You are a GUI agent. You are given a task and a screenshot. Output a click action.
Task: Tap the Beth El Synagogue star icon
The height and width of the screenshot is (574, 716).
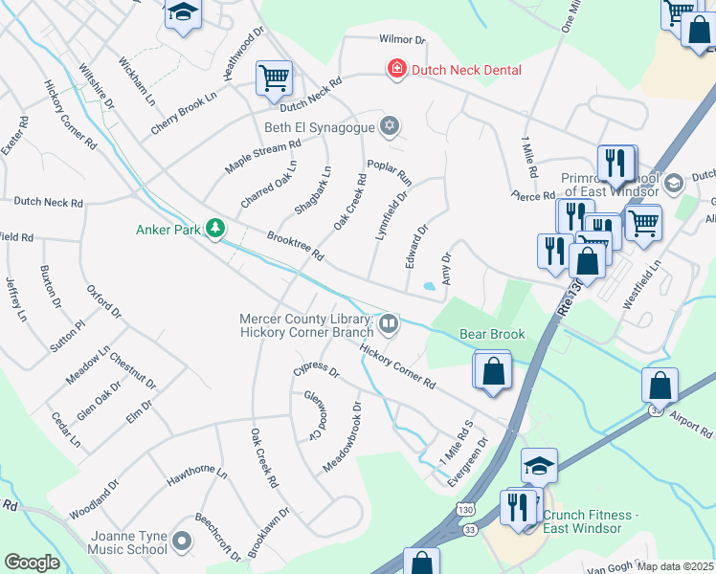coord(389,126)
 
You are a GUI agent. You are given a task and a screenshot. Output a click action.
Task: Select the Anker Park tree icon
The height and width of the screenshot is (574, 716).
coord(218,228)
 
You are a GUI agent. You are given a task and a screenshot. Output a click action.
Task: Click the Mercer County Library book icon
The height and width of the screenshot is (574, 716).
coord(389,325)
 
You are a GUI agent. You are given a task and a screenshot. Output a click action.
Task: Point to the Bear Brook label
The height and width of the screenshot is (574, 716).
coord(492,334)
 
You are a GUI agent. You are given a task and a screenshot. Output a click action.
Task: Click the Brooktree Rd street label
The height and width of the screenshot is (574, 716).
coord(297,245)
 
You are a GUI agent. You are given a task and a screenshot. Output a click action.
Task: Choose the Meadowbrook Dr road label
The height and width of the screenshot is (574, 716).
coord(342,435)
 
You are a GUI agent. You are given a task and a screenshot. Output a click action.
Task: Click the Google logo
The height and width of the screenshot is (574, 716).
coord(32,562)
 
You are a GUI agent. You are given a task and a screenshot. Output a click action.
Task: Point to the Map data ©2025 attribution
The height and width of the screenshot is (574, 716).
coord(675,566)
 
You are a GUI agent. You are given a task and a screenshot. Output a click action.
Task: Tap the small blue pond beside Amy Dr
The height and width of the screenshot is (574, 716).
coord(429,285)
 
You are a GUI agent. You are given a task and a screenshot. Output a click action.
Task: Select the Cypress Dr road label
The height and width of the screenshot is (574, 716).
coord(316,370)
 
